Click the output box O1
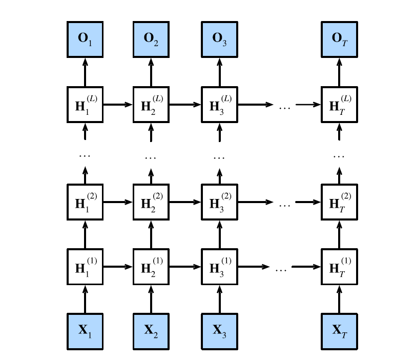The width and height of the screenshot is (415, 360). coord(85,39)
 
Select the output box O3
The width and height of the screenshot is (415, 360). coord(220,39)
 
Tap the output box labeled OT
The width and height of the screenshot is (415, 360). coord(339,39)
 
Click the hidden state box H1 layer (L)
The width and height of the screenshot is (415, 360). coord(85,105)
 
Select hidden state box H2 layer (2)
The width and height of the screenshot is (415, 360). coord(151,202)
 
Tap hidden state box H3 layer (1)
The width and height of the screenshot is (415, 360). coord(220,267)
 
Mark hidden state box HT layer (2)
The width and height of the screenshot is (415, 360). coord(339,202)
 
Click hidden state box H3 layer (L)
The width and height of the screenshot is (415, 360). coord(220,105)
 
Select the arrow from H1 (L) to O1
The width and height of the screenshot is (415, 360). coord(85,72)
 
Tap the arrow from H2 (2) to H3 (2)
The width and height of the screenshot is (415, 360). coord(185,202)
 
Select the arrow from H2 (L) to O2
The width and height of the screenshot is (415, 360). coord(151,72)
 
